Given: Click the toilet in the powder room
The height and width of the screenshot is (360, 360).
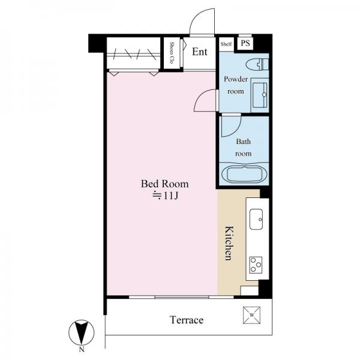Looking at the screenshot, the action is [257, 64].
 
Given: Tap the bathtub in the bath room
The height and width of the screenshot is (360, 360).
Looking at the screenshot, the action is [244, 174].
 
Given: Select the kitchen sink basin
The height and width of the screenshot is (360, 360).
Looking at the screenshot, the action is [256, 219].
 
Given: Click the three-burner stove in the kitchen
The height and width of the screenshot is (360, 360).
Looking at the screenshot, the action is [256, 265].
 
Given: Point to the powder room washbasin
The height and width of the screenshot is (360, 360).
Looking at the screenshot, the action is [260, 95].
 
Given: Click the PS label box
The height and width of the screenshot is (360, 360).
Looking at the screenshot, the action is [245, 43].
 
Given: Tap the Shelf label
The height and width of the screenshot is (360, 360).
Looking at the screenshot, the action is [226, 44].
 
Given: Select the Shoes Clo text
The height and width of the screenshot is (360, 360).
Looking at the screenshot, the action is [171, 53].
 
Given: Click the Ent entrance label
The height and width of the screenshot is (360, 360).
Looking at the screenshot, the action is [200, 52].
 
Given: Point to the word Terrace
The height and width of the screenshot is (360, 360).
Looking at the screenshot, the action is [187, 320].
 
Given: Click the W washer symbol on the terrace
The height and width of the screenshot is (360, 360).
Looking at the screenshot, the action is [251, 315].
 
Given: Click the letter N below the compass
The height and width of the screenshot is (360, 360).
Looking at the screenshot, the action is [82, 350].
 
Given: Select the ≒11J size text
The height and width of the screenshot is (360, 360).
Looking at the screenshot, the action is [166, 196].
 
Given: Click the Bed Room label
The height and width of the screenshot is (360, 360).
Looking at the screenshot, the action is [164, 184].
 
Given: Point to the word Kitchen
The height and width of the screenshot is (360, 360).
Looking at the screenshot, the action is [229, 243].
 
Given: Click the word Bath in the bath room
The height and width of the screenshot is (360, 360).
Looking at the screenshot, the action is [244, 142].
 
